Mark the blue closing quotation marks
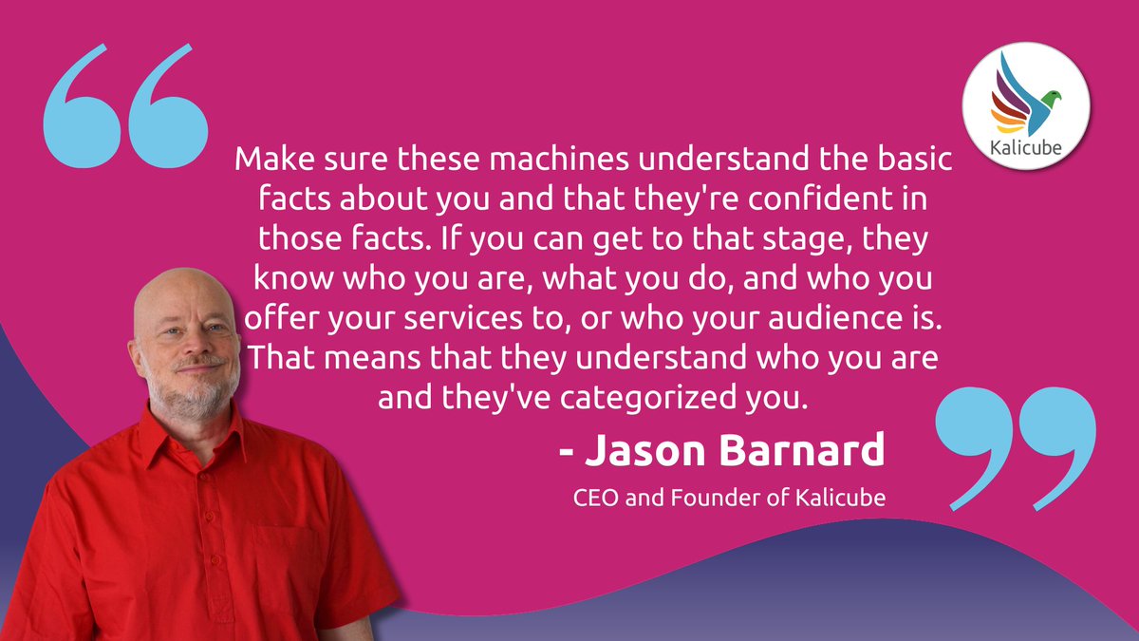1016,446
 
